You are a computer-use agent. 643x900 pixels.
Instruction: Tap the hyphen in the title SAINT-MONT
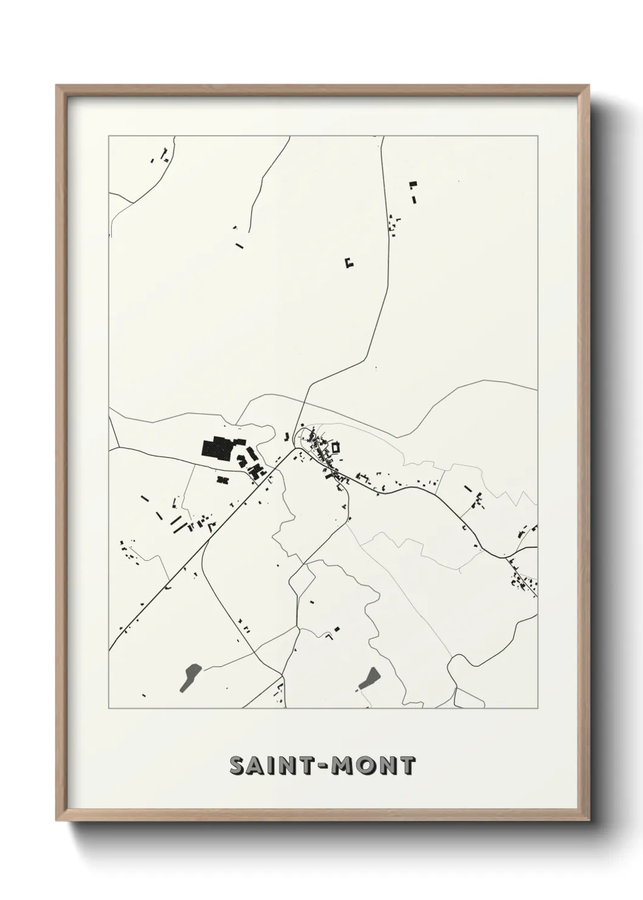point(321,766)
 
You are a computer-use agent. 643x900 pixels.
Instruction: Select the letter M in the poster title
point(343,766)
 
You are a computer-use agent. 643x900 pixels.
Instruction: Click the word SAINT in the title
point(272,766)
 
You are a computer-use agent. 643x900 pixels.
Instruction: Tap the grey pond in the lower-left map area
point(190,673)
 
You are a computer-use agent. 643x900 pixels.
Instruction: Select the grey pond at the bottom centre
point(369,677)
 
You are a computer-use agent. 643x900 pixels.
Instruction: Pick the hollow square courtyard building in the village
point(335,447)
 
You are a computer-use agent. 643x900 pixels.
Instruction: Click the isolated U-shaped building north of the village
point(349,263)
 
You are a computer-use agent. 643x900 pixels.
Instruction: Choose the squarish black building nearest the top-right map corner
point(413,184)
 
